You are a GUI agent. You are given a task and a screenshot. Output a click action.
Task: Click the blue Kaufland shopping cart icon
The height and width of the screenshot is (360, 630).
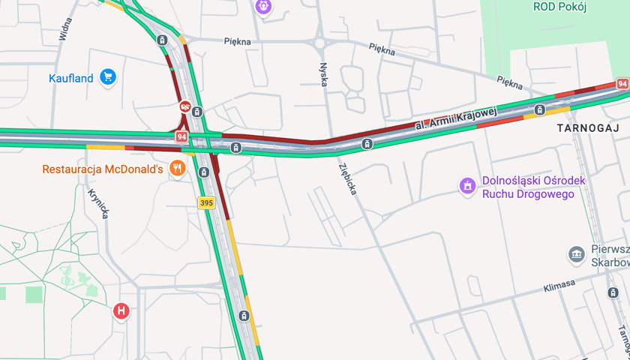[108, 77]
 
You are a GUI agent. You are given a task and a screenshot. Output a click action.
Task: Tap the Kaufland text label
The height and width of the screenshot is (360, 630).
[71, 78]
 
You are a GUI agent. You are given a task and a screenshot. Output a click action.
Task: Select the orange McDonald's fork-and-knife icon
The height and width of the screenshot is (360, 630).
[177, 169]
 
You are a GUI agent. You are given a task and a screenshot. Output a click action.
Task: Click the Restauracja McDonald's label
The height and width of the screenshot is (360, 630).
[103, 169]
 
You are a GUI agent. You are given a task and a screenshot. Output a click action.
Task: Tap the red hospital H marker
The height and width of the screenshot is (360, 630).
[121, 310]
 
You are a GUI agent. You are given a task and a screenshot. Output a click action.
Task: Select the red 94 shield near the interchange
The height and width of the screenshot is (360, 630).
[181, 136]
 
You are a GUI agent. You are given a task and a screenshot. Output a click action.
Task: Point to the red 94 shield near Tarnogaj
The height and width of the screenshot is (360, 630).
[622, 84]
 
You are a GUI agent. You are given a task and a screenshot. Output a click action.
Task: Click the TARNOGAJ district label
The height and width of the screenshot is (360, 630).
[585, 128]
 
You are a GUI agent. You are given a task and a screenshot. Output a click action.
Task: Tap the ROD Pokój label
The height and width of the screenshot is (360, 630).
[559, 7]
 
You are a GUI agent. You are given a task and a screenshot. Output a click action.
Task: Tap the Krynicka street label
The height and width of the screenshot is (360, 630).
[99, 203]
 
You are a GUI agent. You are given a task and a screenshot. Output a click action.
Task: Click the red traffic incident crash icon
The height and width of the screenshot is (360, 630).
[184, 106]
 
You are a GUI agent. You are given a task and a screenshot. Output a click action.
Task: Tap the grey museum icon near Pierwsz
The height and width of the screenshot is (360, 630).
[576, 255]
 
